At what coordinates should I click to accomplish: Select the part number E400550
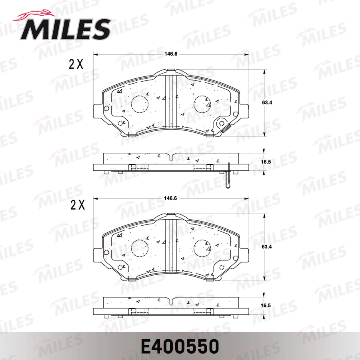tap(180, 346)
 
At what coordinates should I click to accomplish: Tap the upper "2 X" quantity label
tap(76, 64)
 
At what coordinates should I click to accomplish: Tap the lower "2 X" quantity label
tap(77, 205)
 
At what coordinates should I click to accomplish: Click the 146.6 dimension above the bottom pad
tap(171, 198)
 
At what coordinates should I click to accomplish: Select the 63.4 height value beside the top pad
tap(267, 102)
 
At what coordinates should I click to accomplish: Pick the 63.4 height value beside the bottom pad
tap(267, 247)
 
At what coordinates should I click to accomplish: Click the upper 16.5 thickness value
tap(266, 162)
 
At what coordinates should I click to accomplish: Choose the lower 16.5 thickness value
tap(266, 306)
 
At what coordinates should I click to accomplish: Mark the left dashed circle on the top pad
tap(140, 105)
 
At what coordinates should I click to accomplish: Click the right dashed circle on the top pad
tap(202, 105)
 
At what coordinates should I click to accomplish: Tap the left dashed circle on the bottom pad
tap(140, 249)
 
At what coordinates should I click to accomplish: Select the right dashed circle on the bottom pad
tap(202, 249)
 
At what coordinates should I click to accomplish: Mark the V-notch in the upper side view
tap(171, 157)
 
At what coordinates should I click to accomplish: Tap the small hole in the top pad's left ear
tap(106, 108)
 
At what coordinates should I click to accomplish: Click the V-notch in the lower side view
tap(171, 301)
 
